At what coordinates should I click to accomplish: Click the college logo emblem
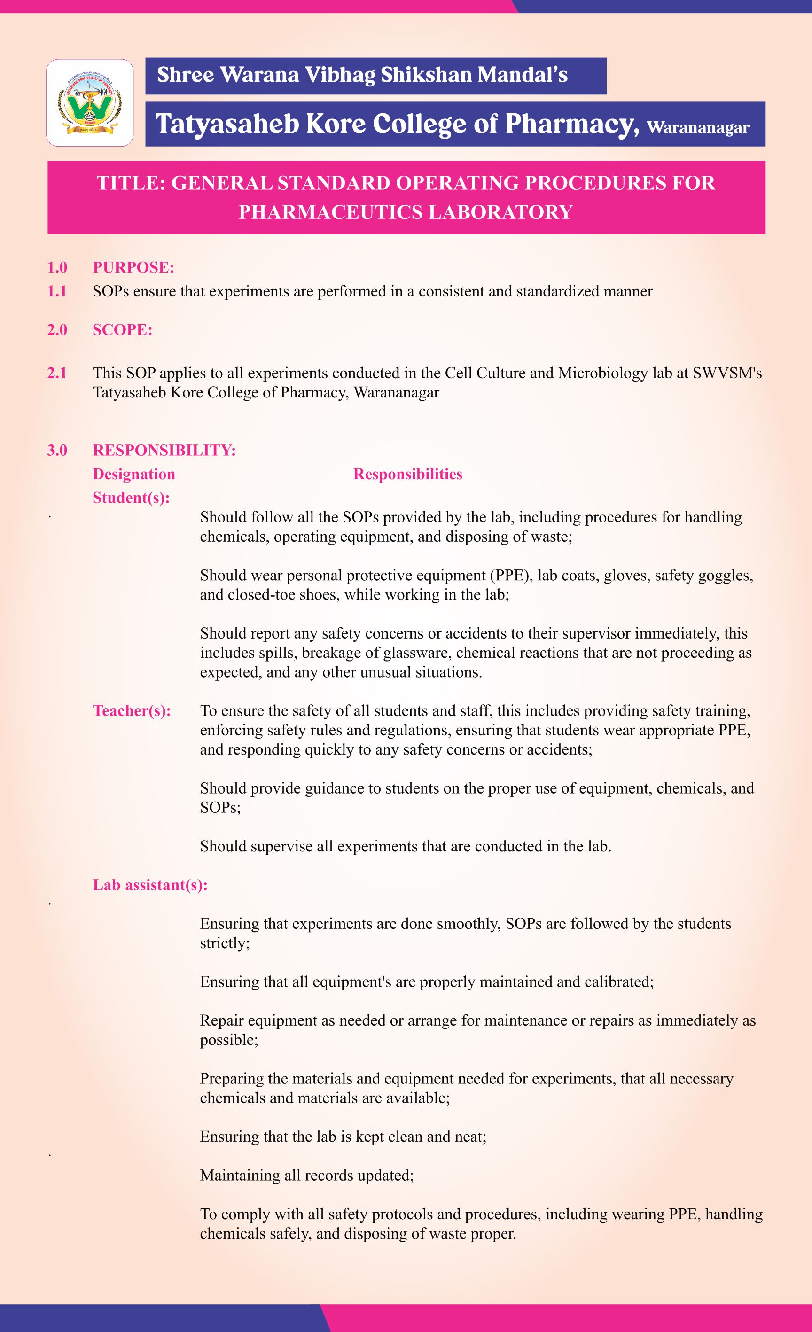coord(90,103)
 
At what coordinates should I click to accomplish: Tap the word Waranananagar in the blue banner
coord(697,128)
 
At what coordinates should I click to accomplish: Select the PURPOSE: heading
coord(133,267)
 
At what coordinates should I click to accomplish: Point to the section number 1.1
coord(57,291)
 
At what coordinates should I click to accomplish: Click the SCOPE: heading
coord(122,330)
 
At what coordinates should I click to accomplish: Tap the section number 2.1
coord(57,373)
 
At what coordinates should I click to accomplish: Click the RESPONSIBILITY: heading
coord(164,450)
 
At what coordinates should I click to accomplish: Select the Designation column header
coord(133,474)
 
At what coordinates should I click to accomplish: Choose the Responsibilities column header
coord(407,474)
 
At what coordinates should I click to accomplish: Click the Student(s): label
coord(131,498)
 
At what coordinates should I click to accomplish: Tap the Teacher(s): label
coord(132,710)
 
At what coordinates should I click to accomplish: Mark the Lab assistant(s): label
coord(150,884)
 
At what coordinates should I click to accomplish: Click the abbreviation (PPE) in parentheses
coord(511,575)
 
